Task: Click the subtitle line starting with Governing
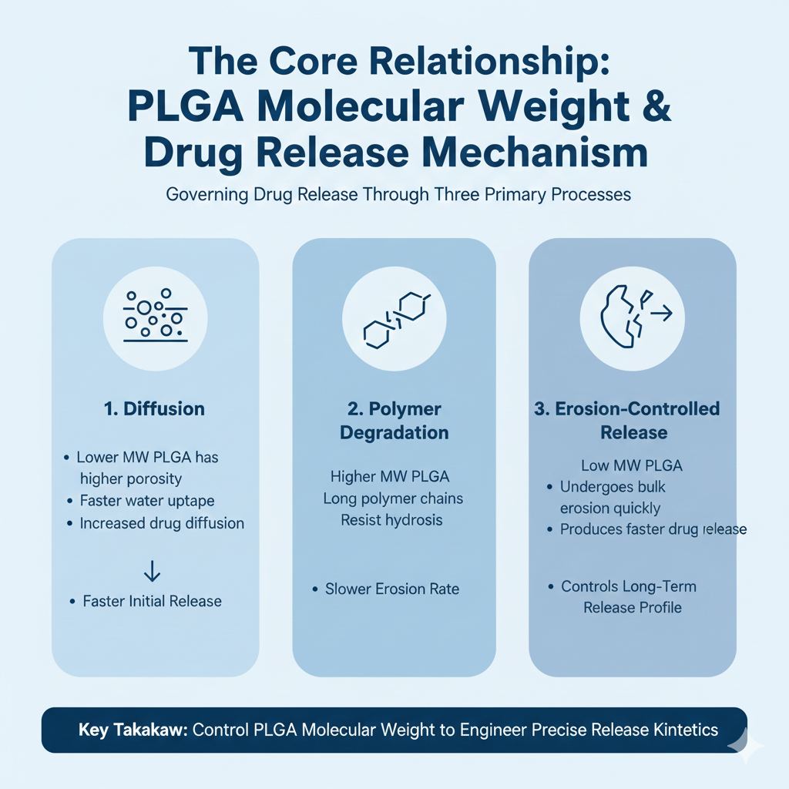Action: pyautogui.click(x=398, y=194)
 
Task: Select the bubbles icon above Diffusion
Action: pyautogui.click(x=155, y=316)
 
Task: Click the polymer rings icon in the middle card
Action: pyautogui.click(x=394, y=316)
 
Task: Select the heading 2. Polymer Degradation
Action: pyautogui.click(x=394, y=421)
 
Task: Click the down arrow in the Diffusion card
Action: pyautogui.click(x=153, y=570)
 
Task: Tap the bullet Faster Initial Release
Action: pyautogui.click(x=152, y=601)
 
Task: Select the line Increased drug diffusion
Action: pyautogui.click(x=162, y=523)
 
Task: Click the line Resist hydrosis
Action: pyautogui.click(x=391, y=520)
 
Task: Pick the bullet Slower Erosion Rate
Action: pyautogui.click(x=391, y=589)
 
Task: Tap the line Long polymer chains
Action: pyautogui.click(x=393, y=499)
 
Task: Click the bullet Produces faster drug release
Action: pyautogui.click(x=653, y=529)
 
